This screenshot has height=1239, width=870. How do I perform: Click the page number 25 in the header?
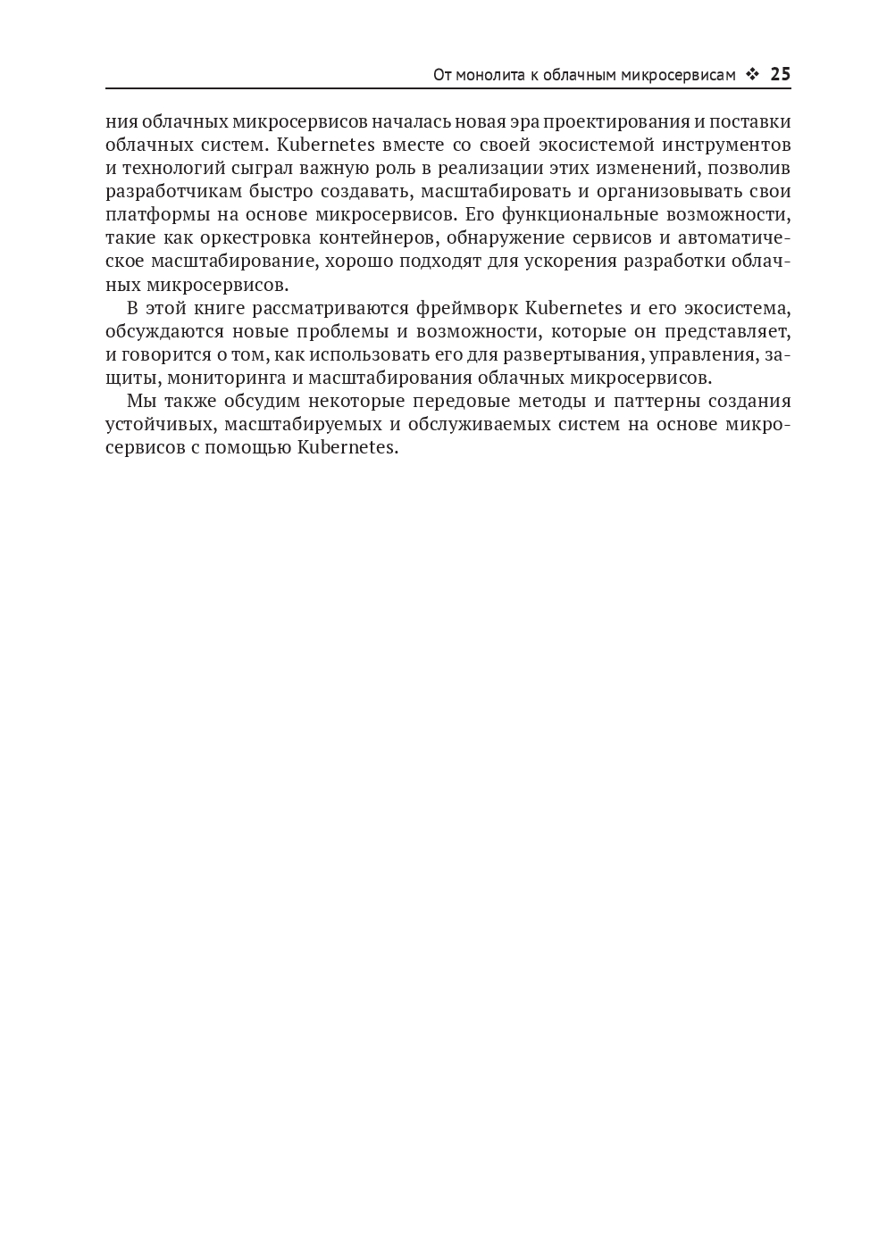(x=780, y=75)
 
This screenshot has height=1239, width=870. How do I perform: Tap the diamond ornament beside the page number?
(x=752, y=75)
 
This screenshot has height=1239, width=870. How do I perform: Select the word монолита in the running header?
(x=488, y=75)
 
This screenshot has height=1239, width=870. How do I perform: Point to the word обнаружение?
(x=506, y=237)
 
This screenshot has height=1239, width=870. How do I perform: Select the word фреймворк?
(x=466, y=309)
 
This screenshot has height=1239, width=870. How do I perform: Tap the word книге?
(x=216, y=309)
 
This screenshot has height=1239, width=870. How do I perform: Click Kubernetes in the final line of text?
(x=347, y=447)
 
